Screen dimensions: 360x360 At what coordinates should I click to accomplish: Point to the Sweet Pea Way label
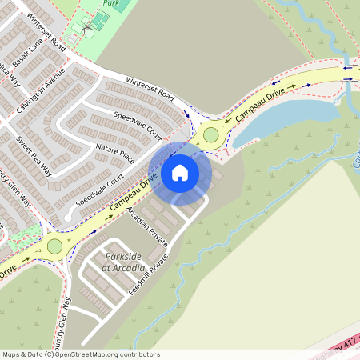[x=34, y=155]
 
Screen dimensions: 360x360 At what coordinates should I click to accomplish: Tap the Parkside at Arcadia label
[x=122, y=262]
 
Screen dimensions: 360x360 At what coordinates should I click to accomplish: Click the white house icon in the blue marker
[x=180, y=172]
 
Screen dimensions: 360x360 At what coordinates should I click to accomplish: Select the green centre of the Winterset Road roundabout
[x=211, y=134]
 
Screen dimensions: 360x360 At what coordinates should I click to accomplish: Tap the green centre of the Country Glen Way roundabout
[x=54, y=246]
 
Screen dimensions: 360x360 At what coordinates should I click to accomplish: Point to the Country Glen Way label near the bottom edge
[x=67, y=320]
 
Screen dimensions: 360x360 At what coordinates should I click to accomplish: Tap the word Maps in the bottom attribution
[x=11, y=354]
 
